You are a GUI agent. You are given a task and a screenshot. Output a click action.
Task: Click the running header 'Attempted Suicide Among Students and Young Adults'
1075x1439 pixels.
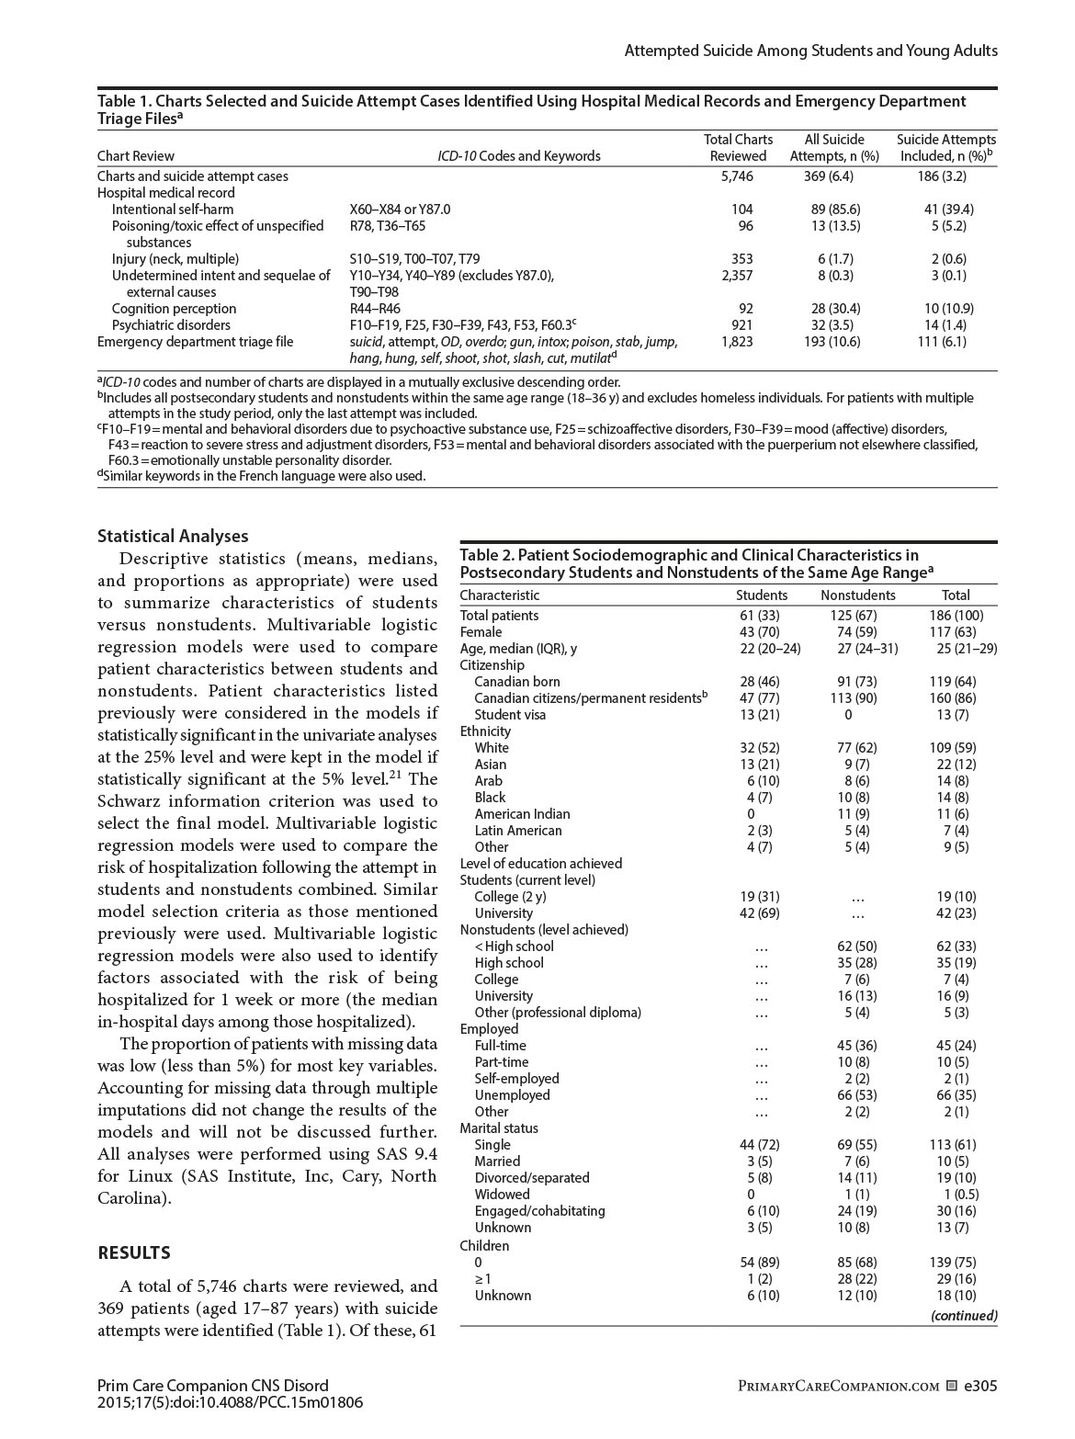(x=810, y=51)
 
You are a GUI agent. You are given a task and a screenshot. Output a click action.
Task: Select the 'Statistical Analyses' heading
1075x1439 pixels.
(x=173, y=536)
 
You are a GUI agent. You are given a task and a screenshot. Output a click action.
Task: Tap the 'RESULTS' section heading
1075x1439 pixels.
(x=134, y=1252)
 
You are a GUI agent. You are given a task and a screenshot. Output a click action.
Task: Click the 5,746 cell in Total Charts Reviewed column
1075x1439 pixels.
(x=737, y=176)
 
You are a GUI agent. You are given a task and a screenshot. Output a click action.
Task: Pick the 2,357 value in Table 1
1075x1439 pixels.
(x=737, y=275)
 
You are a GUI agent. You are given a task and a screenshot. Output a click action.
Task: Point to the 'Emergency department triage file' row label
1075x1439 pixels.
(x=196, y=341)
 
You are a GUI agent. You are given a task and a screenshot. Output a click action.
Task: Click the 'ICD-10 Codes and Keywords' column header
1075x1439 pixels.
(x=518, y=155)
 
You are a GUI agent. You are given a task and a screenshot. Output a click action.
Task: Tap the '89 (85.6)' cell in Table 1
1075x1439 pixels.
(x=834, y=209)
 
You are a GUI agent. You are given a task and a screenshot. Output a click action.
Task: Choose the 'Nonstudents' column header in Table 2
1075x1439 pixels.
(x=857, y=595)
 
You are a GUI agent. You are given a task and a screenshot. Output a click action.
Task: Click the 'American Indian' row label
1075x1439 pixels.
(x=522, y=813)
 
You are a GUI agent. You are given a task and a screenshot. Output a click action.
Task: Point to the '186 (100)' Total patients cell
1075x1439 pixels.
(x=956, y=615)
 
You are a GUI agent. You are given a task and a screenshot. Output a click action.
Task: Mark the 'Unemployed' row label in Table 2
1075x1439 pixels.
(x=512, y=1094)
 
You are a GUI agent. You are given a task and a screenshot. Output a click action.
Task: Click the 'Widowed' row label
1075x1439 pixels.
(x=502, y=1194)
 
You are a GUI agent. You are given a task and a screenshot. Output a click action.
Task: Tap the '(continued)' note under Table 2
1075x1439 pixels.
(x=963, y=1315)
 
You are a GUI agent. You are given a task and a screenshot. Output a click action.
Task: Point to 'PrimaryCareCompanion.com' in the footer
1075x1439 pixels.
(x=838, y=1386)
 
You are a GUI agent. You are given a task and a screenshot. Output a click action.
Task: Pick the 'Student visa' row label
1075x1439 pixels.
(x=510, y=714)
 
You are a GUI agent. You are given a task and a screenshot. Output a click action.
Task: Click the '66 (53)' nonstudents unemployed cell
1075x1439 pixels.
(x=857, y=1094)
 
